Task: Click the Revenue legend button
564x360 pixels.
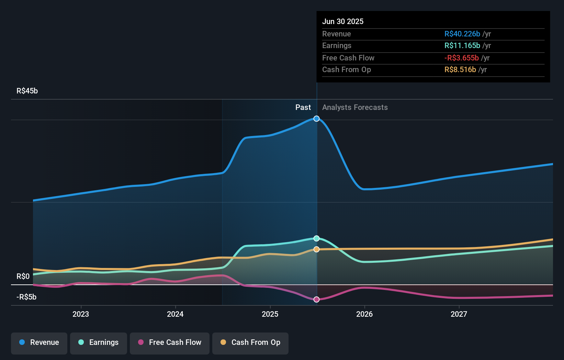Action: pyautogui.click(x=39, y=342)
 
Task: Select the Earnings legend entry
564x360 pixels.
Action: pyautogui.click(x=99, y=342)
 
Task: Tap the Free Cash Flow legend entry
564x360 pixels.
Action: pyautogui.click(x=170, y=342)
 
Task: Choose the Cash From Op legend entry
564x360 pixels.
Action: pyautogui.click(x=250, y=342)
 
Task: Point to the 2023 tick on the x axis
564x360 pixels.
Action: pyautogui.click(x=81, y=314)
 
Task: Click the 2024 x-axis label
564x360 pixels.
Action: pyautogui.click(x=175, y=314)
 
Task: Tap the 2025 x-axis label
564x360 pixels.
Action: pyautogui.click(x=270, y=314)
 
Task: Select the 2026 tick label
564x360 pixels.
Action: pyautogui.click(x=364, y=314)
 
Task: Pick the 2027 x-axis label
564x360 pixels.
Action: pyautogui.click(x=459, y=314)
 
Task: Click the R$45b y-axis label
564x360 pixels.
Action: pyautogui.click(x=27, y=91)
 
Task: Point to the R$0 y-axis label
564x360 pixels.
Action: pyautogui.click(x=23, y=277)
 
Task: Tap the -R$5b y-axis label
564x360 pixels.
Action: pyautogui.click(x=26, y=297)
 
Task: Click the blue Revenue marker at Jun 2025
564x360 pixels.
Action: pyautogui.click(x=317, y=119)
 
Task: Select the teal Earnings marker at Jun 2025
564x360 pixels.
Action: pyautogui.click(x=317, y=238)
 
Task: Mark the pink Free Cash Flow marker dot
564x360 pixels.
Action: pyautogui.click(x=317, y=300)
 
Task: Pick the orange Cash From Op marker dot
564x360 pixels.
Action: pyautogui.click(x=317, y=249)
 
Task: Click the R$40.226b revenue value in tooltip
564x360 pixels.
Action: pyautogui.click(x=462, y=34)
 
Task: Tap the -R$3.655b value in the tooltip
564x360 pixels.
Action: pyautogui.click(x=462, y=58)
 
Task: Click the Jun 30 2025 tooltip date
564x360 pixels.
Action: pyautogui.click(x=343, y=22)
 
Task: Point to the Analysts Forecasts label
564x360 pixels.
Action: pyautogui.click(x=355, y=108)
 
